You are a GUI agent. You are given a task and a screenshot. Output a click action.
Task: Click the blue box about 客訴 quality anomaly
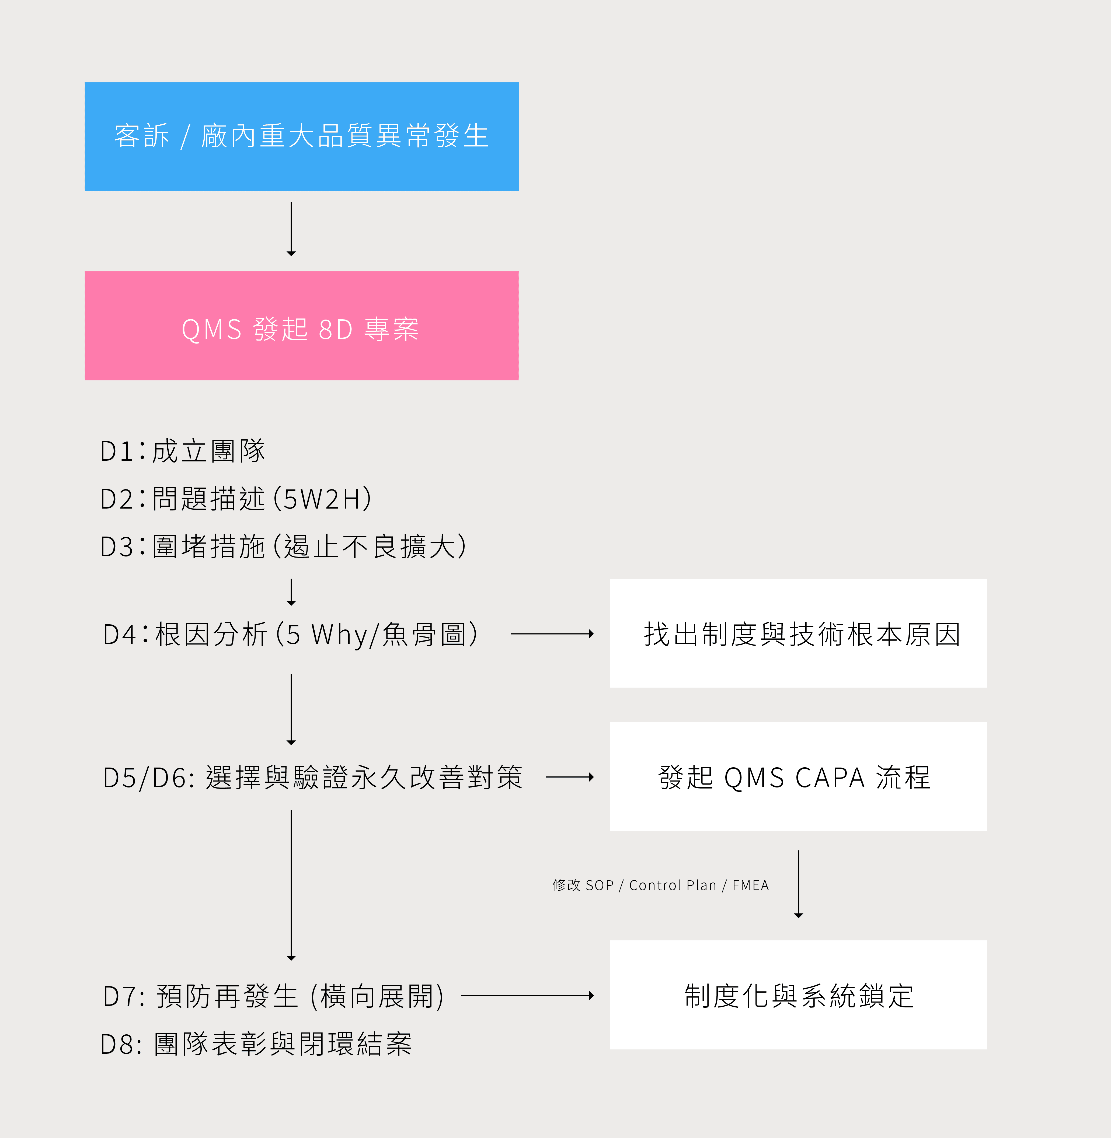point(302,136)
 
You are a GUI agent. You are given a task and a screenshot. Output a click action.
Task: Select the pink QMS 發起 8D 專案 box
point(302,325)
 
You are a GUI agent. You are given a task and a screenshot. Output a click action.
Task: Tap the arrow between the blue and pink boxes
point(291,229)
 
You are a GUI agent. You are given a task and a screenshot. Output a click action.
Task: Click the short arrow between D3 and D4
point(291,592)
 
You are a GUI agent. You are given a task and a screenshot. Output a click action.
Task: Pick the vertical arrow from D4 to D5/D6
point(291,709)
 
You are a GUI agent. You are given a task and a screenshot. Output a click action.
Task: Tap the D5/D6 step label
point(313,778)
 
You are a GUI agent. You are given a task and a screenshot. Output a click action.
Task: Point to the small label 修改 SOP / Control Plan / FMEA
point(660,885)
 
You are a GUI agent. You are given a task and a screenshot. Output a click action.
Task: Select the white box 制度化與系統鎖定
point(798,995)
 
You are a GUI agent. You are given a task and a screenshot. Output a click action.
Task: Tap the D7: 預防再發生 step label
point(273,996)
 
